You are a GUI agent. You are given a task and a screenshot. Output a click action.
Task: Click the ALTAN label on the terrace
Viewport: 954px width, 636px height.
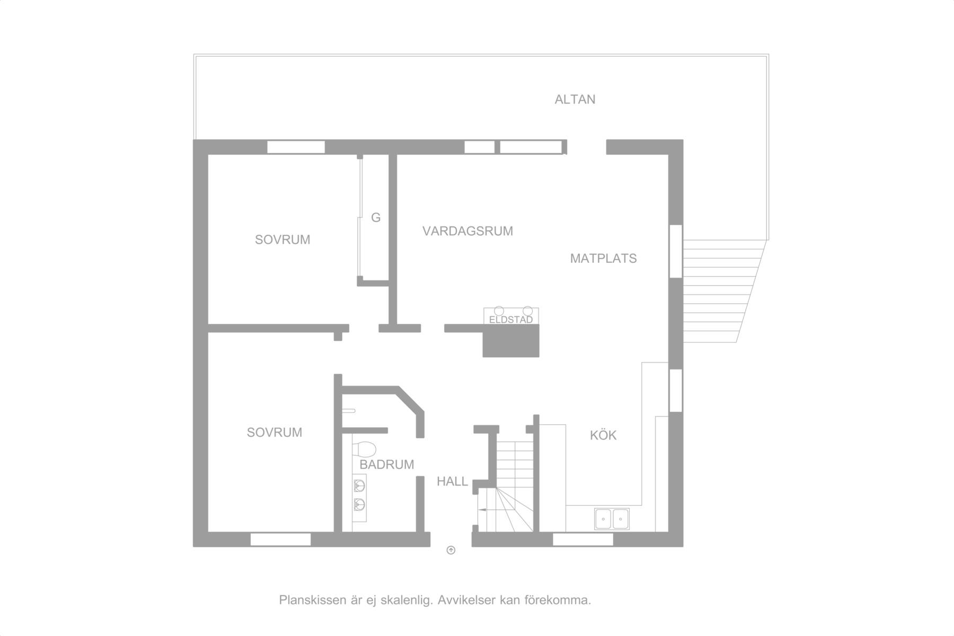pyautogui.click(x=575, y=99)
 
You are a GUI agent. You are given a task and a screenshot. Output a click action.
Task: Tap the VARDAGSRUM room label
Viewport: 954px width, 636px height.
pyautogui.click(x=467, y=231)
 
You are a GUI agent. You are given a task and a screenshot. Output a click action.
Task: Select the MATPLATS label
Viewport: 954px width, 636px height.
pyautogui.click(x=603, y=258)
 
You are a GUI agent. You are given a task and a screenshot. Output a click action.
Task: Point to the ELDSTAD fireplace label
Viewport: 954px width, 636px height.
pyautogui.click(x=511, y=320)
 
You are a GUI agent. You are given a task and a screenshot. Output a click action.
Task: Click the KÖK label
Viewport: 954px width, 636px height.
pyautogui.click(x=603, y=435)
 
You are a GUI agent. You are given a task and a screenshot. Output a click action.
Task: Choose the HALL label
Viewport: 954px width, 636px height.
pyautogui.click(x=452, y=481)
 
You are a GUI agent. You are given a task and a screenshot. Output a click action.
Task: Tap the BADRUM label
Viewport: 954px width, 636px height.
pyautogui.click(x=387, y=464)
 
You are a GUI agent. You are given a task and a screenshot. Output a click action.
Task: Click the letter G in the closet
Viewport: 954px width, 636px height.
pyautogui.click(x=376, y=217)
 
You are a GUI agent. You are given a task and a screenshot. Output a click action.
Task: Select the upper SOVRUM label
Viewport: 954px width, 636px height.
pyautogui.click(x=282, y=240)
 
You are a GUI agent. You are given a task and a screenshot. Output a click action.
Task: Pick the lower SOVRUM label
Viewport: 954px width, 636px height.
pyautogui.click(x=275, y=432)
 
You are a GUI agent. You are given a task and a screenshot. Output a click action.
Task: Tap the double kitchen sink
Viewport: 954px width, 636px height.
pyautogui.click(x=612, y=518)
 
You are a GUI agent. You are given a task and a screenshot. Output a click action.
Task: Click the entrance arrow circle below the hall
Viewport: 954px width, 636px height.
pyautogui.click(x=451, y=550)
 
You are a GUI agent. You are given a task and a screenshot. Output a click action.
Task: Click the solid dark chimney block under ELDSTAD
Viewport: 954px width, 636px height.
pyautogui.click(x=511, y=341)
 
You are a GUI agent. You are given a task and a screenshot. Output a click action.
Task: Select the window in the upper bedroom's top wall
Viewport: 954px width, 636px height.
pyautogui.click(x=296, y=147)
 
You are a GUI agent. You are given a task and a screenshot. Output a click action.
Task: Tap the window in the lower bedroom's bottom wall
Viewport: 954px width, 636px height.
pyautogui.click(x=280, y=540)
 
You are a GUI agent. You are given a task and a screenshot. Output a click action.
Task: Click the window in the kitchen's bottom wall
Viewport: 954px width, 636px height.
pyautogui.click(x=583, y=540)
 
